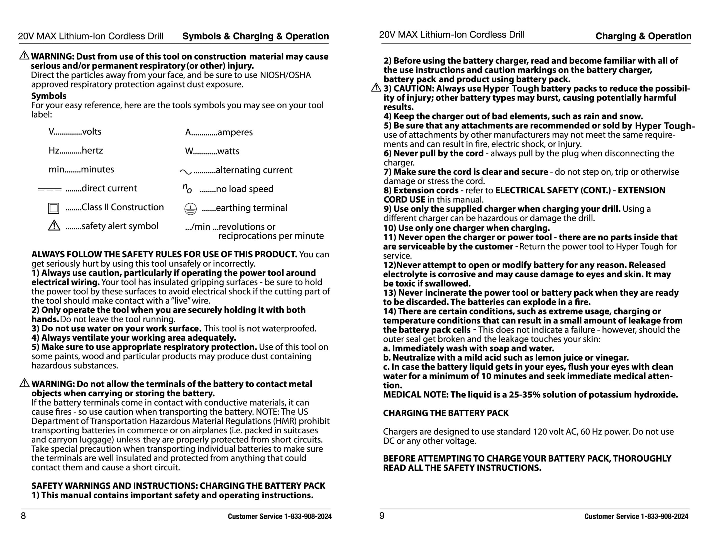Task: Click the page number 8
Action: [23, 516]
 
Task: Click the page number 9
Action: [382, 516]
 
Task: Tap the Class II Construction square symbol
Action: [53, 208]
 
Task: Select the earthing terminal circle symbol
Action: [190, 209]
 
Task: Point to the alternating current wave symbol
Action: [185, 171]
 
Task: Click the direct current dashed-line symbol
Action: [50, 189]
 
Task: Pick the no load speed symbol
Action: [187, 188]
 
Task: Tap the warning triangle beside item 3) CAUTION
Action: [376, 88]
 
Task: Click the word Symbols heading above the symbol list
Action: [49, 96]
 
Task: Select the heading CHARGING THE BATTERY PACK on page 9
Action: [446, 413]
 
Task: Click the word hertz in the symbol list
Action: [92, 150]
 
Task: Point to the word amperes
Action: [235, 132]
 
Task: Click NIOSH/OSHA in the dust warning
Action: [285, 75]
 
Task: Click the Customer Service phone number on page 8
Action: [308, 516]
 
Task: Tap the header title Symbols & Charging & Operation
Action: [255, 36]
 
